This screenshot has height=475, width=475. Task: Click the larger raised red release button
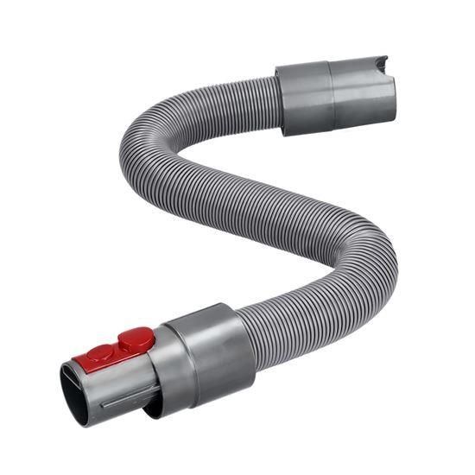136,340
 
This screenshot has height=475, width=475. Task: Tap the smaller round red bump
101,352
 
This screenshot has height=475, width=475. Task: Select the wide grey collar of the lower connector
212,352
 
